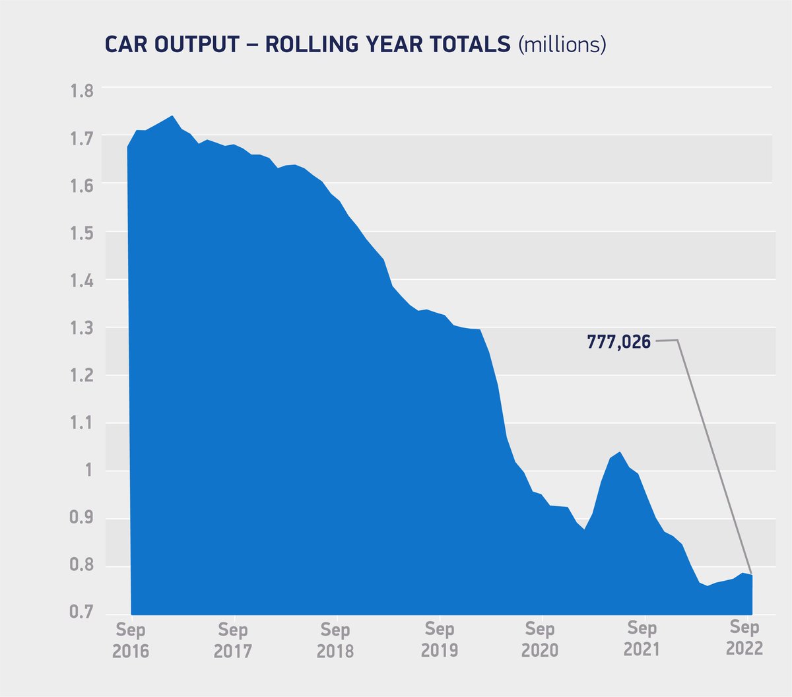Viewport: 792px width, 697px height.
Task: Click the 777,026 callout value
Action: [618, 342]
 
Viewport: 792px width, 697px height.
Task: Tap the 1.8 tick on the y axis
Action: [82, 90]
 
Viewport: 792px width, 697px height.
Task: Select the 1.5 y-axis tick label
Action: [82, 234]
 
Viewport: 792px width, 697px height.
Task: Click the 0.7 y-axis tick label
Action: [82, 611]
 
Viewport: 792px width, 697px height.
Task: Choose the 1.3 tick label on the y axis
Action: [82, 329]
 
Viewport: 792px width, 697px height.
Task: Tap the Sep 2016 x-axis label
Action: [130, 640]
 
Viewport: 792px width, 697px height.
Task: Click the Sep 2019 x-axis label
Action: [439, 640]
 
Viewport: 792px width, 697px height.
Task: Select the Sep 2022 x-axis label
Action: [744, 638]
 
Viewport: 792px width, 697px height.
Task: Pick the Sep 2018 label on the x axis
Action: [335, 640]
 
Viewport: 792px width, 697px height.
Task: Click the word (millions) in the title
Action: [562, 44]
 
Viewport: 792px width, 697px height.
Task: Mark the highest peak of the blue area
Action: [172, 116]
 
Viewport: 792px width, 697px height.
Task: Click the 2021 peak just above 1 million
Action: [620, 453]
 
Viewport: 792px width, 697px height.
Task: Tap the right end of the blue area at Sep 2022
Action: [751, 576]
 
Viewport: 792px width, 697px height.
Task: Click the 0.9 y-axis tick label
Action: [82, 517]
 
